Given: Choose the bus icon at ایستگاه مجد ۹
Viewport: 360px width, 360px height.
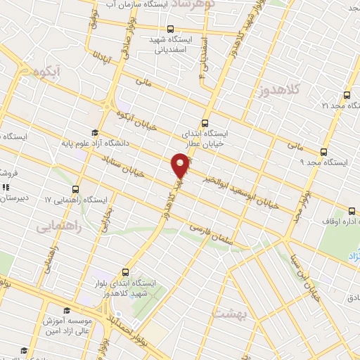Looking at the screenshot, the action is (x=323, y=151).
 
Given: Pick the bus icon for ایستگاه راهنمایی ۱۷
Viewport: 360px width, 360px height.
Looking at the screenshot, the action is (x=75, y=190).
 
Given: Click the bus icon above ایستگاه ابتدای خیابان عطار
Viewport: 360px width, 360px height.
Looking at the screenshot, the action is (x=205, y=121).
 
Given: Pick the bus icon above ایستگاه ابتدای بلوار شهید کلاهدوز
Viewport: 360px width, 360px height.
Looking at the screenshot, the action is (x=126, y=271).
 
